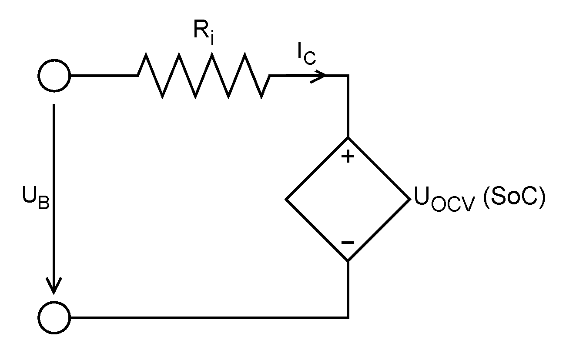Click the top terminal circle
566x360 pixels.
point(54,76)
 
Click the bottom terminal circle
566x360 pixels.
point(54,318)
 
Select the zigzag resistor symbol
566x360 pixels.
point(204,76)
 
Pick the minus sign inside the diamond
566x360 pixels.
point(347,243)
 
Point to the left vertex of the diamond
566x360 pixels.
point(286,200)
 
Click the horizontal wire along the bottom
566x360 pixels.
point(209,318)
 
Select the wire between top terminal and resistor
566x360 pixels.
point(104,76)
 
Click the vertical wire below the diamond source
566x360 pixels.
point(348,289)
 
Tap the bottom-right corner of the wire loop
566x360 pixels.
point(348,318)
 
